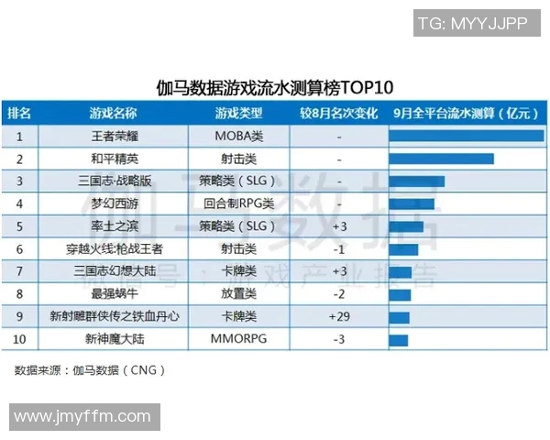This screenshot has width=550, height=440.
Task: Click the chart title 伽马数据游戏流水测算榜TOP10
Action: point(275,88)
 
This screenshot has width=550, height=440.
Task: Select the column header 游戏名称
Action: point(113,114)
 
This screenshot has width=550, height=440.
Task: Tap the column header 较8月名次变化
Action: point(339,114)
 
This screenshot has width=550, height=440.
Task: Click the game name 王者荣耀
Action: point(113,136)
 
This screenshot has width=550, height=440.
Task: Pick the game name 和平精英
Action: point(113,159)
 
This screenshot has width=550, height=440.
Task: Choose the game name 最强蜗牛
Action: point(113,293)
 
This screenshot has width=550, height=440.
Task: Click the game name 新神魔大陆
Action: point(113,339)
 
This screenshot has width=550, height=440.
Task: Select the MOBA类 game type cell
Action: point(239,136)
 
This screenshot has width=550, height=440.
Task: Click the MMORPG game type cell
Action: point(239,339)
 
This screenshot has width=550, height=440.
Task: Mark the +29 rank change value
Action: point(339,316)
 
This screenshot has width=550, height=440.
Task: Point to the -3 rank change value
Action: point(339,339)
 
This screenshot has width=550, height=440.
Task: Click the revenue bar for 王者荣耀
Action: point(466,136)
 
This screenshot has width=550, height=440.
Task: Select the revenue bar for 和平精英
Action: point(441,159)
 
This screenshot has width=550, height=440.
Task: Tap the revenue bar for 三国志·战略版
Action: point(416,181)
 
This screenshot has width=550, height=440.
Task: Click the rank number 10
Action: point(19,339)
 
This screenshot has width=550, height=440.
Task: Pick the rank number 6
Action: point(19,248)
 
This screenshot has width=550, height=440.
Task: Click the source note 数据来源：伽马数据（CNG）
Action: point(90,371)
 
